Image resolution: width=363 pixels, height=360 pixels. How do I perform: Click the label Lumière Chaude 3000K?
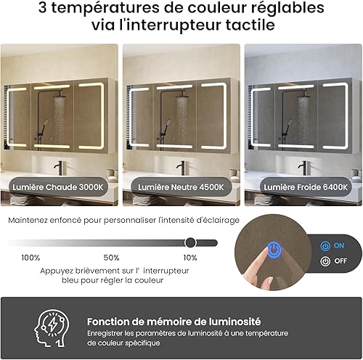click(58, 187)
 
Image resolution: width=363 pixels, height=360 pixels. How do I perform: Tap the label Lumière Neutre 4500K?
click(181, 187)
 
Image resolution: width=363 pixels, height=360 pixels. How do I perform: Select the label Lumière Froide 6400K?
click(306, 187)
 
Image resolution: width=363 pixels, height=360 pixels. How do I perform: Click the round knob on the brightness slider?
click(190, 242)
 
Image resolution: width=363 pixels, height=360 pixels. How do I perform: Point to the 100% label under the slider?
click(30, 258)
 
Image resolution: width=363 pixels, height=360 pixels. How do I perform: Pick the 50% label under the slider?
click(111, 258)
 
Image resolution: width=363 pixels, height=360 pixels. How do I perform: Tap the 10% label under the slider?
click(190, 258)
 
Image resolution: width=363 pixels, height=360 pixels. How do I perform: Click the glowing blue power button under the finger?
click(274, 249)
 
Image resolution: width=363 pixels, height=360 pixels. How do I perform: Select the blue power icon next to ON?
click(325, 246)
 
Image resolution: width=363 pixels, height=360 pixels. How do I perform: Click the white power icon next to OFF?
click(325, 261)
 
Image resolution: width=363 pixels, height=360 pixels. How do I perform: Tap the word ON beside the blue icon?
click(339, 246)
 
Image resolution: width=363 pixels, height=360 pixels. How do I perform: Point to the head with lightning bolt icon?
click(52, 328)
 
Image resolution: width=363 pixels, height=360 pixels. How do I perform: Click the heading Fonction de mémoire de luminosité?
click(174, 322)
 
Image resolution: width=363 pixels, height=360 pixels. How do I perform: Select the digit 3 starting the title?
click(42, 7)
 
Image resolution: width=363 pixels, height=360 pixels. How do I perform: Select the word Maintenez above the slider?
click(28, 220)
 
